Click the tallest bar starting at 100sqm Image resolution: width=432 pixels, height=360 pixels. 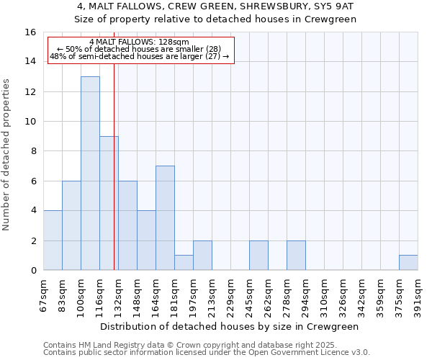90,173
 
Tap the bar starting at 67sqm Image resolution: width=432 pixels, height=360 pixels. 53,240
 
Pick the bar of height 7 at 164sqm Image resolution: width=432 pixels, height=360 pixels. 165,217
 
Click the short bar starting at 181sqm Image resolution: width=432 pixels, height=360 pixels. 184,262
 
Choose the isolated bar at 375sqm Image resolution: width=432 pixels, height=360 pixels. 408,262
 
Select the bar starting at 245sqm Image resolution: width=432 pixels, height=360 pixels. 258,255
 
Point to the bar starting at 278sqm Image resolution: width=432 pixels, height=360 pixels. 296,255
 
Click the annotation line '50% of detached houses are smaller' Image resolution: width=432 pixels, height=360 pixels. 141,49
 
